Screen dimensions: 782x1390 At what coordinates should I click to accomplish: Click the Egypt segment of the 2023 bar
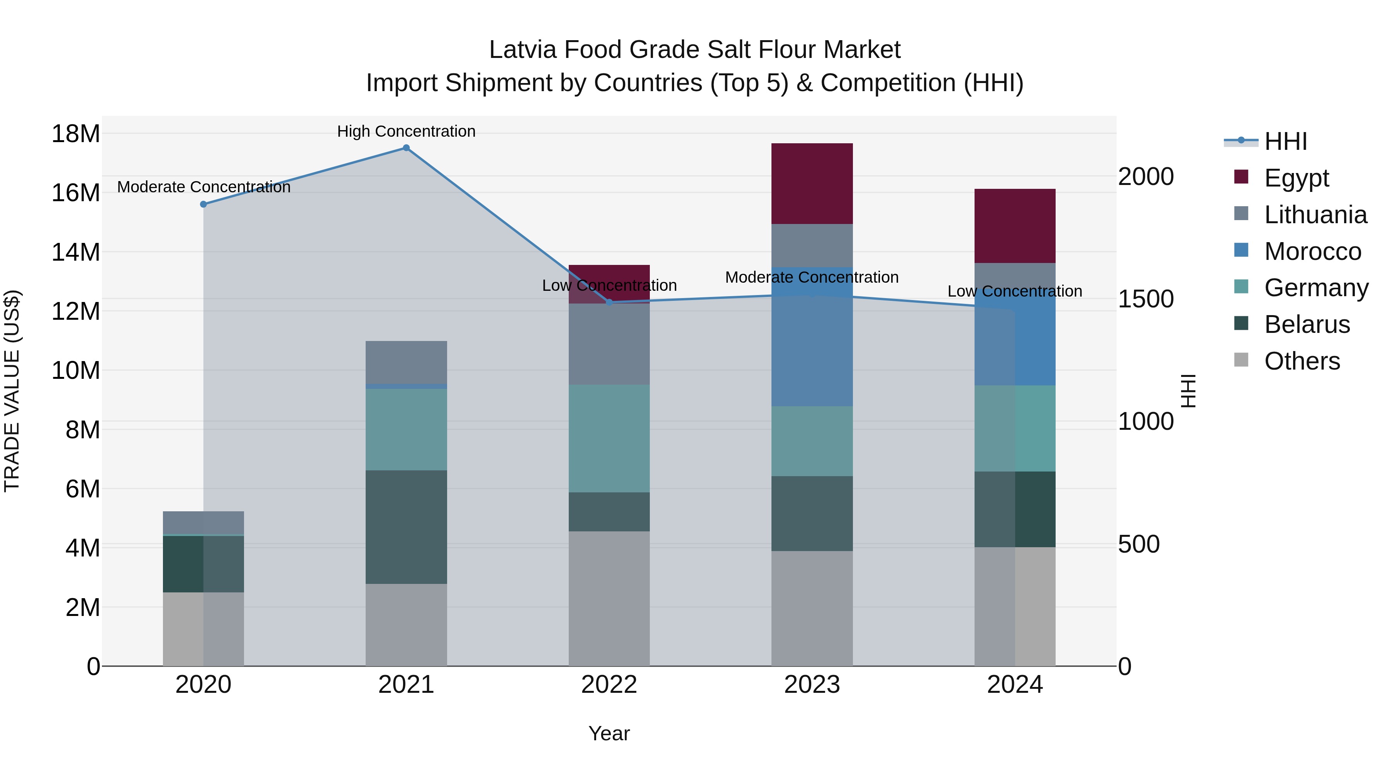point(812,183)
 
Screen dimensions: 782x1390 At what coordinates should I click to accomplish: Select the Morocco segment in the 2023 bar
point(812,337)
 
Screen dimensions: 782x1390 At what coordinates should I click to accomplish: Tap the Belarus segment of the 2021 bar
point(406,527)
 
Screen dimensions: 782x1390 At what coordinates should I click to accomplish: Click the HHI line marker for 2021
point(406,148)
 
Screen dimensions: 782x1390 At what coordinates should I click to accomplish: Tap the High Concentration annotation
point(406,132)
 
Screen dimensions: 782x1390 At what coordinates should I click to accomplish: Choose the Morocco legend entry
point(1312,251)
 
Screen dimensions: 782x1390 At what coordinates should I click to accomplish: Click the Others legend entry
point(1302,361)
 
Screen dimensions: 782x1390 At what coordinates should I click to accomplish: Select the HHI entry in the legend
point(1285,141)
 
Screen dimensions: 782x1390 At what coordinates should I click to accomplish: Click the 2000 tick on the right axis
point(1146,176)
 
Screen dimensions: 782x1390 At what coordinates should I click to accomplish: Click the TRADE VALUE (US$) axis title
point(12,391)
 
